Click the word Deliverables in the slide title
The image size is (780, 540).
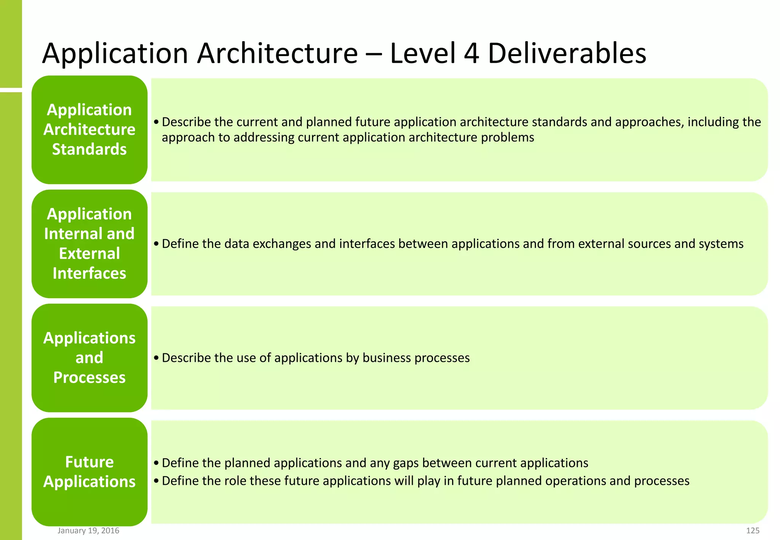567,53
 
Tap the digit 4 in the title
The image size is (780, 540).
472,53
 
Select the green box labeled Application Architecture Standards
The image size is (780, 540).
89,129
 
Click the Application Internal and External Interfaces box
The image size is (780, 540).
89,244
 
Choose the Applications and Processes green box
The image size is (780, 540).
89,358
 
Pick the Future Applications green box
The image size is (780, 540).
89,472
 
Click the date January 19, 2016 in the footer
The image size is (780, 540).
88,530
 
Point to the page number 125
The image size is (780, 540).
753,530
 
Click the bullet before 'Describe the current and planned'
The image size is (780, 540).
156,122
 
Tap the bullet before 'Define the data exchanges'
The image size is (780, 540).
156,244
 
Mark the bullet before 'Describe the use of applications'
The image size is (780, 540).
156,358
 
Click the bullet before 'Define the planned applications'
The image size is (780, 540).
156,463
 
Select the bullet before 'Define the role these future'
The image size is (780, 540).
156,481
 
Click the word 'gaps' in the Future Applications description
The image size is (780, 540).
406,463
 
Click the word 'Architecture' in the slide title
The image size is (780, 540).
277,53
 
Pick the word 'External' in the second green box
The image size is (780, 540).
90,254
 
